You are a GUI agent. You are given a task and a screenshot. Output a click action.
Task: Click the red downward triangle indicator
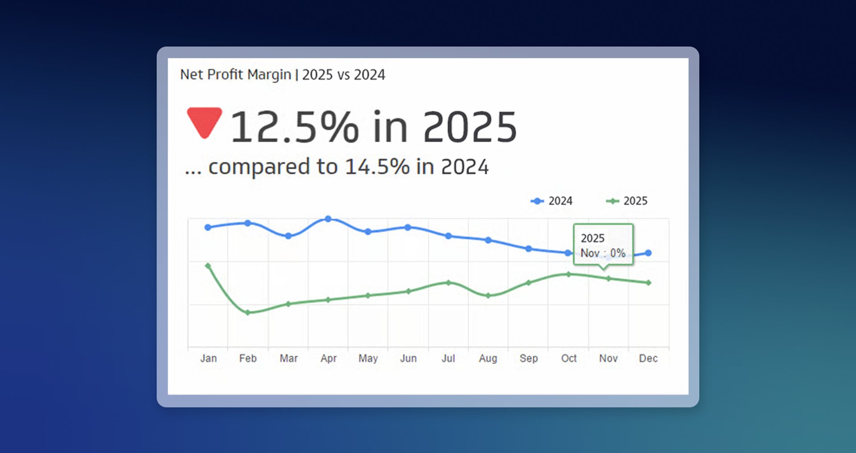pyautogui.click(x=204, y=122)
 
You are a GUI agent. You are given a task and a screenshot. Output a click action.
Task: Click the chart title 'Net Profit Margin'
pyautogui.click(x=235, y=74)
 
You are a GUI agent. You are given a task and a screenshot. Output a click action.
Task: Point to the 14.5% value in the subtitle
pyautogui.click(x=377, y=167)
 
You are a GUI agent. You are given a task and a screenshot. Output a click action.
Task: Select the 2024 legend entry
pyautogui.click(x=552, y=201)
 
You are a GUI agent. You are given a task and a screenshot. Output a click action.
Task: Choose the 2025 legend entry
pyautogui.click(x=627, y=201)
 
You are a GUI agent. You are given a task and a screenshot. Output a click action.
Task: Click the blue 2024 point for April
pyautogui.click(x=328, y=219)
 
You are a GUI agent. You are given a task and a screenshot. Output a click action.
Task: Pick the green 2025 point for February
pyautogui.click(x=248, y=313)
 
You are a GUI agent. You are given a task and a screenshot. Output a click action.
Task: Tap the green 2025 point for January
pyautogui.click(x=208, y=265)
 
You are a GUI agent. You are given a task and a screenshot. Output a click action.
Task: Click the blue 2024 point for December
pyautogui.click(x=648, y=253)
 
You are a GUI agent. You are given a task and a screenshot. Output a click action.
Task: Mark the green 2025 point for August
pyautogui.click(x=488, y=295)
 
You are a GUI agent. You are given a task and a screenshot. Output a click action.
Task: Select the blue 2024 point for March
pyautogui.click(x=288, y=236)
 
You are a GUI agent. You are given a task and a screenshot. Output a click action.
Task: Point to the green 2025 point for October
pyautogui.click(x=568, y=274)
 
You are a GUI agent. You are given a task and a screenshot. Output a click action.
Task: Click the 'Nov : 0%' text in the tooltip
pyautogui.click(x=603, y=253)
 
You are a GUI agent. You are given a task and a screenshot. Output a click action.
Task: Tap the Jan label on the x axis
pyautogui.click(x=208, y=358)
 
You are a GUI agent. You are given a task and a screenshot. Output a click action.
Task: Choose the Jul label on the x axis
pyautogui.click(x=448, y=358)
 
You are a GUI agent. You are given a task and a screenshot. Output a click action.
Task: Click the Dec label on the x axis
pyautogui.click(x=648, y=358)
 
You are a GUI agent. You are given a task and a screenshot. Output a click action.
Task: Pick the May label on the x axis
pyautogui.click(x=368, y=358)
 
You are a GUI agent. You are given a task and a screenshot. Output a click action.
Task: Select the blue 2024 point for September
pyautogui.click(x=528, y=249)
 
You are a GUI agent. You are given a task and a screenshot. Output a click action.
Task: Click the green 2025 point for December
pyautogui.click(x=648, y=282)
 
